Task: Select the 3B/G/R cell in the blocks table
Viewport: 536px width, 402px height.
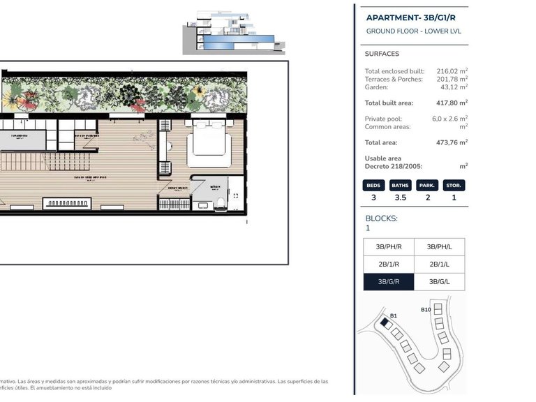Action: click(x=389, y=282)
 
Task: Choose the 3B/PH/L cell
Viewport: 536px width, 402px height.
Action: click(x=439, y=247)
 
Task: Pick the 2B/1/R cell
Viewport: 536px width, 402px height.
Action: click(x=389, y=265)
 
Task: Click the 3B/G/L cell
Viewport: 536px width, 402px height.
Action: click(x=439, y=282)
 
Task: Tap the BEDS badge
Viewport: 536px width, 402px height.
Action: click(x=373, y=186)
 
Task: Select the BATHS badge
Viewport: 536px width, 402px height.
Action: click(x=400, y=186)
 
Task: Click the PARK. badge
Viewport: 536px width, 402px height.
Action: click(x=427, y=186)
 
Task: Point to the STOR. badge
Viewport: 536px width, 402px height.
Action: click(x=454, y=186)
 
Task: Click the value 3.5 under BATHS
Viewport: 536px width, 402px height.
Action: click(x=400, y=198)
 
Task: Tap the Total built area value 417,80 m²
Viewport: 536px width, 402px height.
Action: click(x=452, y=103)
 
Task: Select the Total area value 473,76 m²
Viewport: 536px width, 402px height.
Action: click(x=452, y=142)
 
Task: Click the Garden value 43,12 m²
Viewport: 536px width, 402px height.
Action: click(x=454, y=87)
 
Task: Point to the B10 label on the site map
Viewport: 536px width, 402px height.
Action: click(x=426, y=310)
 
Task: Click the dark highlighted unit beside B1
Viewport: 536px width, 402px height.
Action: click(x=384, y=323)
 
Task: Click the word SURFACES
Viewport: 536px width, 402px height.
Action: click(x=382, y=54)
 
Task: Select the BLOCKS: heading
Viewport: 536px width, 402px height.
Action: click(x=382, y=218)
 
